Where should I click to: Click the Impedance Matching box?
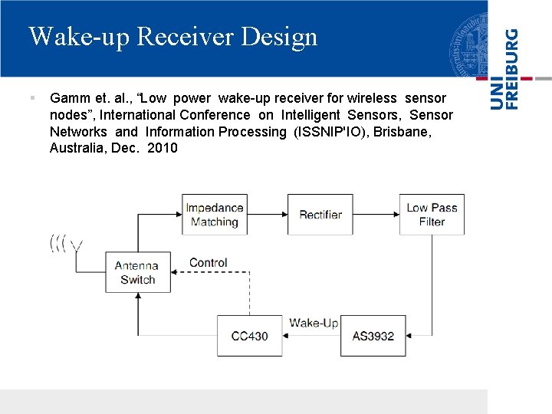215,215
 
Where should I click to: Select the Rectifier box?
320,215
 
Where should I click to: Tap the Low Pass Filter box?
432,215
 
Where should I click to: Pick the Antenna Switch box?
137,273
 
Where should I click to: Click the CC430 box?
249,336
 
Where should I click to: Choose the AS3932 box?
373,336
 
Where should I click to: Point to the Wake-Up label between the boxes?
313,323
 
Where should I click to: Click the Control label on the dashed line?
208,262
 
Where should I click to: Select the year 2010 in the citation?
162,148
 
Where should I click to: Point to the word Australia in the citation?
77,148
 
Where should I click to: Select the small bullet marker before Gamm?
32,98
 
